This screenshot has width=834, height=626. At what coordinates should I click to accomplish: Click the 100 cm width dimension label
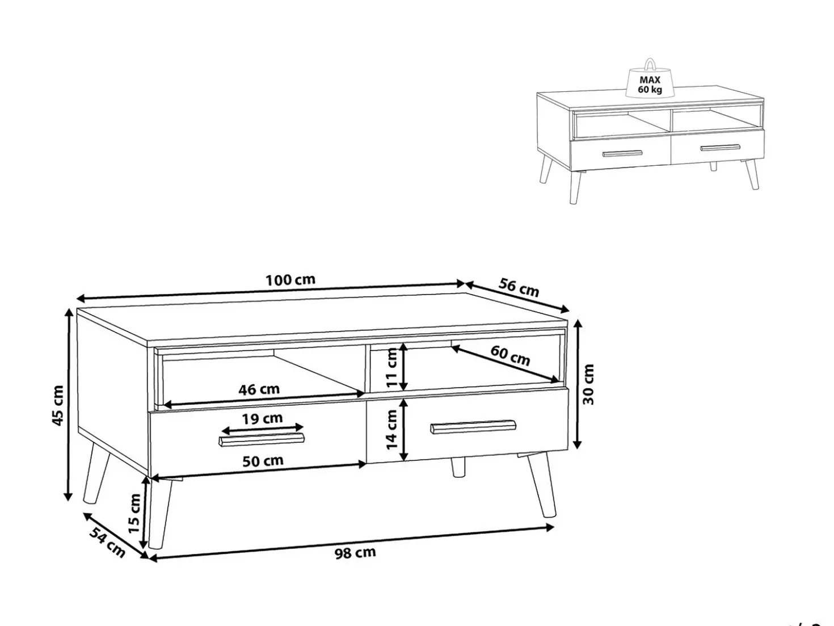(x=290, y=280)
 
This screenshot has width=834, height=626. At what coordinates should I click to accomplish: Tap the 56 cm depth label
(x=519, y=287)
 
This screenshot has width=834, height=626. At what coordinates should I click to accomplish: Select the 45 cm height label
(x=57, y=405)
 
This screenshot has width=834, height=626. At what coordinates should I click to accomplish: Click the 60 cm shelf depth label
(x=510, y=355)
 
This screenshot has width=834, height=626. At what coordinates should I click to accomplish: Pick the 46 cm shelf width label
(x=259, y=389)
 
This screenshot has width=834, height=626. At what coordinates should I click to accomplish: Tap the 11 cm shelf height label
(x=391, y=368)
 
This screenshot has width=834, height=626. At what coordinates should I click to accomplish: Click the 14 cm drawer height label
(x=391, y=430)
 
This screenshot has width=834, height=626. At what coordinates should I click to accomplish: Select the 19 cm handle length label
(x=262, y=418)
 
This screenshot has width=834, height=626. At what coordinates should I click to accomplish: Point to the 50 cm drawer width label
(x=263, y=461)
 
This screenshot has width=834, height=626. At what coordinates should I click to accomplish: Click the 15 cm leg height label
(x=134, y=513)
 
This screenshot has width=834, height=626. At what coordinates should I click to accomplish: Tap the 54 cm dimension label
(x=107, y=543)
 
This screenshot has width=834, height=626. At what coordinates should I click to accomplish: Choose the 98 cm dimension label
(x=355, y=553)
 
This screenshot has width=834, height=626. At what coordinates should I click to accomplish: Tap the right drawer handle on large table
(x=473, y=427)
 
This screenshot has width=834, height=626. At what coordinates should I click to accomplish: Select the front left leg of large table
(x=159, y=512)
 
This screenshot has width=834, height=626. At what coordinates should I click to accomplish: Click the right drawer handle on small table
(x=720, y=148)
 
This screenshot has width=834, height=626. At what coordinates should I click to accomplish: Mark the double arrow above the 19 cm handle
(x=263, y=428)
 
